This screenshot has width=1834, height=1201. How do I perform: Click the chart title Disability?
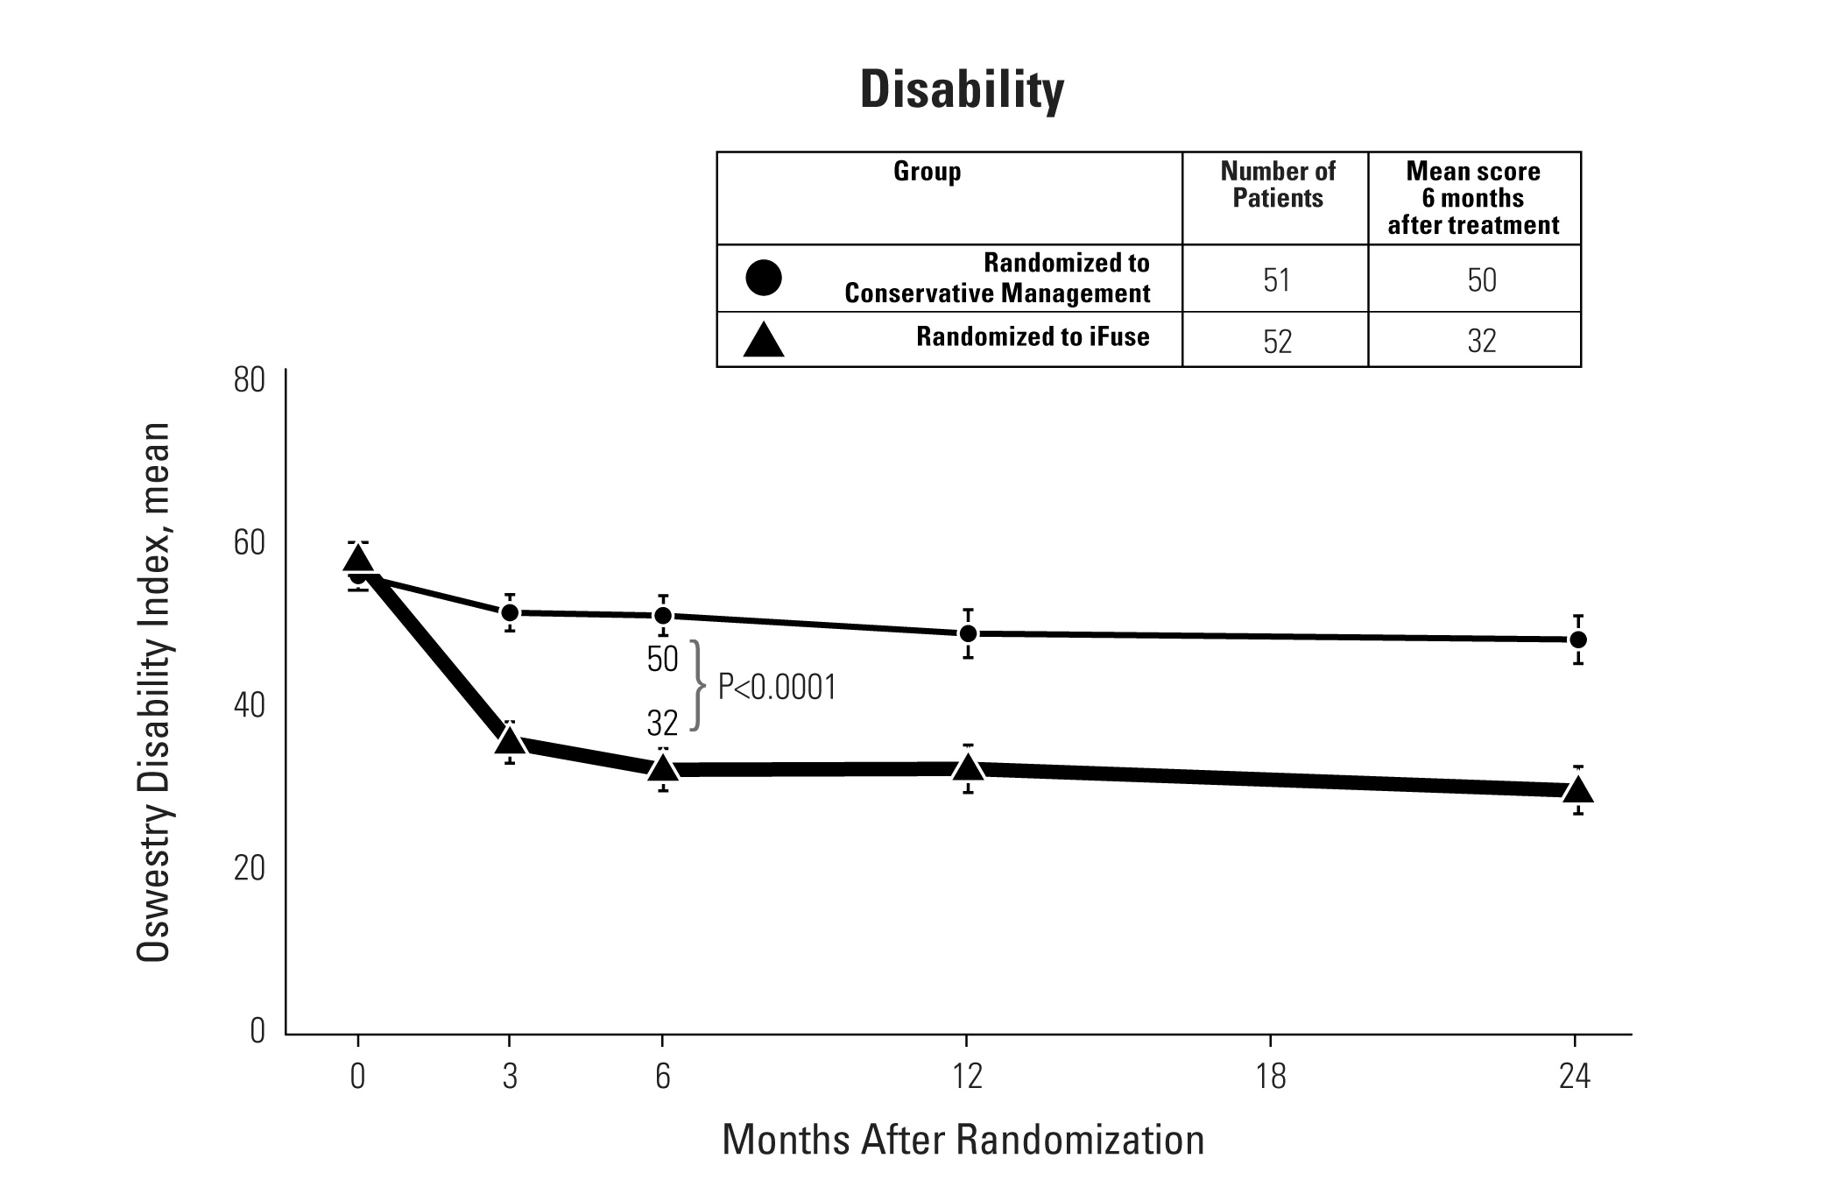[962, 89]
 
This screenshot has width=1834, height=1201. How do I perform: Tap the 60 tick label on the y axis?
[249, 543]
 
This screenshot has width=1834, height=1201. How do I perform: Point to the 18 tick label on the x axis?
[1270, 1077]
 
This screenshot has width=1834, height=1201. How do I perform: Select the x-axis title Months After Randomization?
[963, 1140]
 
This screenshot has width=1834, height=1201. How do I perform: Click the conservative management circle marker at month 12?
[968, 633]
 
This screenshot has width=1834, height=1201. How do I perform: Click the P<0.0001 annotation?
[777, 688]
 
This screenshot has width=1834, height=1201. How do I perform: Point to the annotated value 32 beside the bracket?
[662, 724]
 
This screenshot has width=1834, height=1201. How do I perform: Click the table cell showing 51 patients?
[1276, 280]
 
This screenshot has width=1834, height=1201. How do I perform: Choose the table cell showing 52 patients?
[1277, 341]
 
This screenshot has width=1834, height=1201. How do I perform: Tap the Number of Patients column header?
[1277, 185]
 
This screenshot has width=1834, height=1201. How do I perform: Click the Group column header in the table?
[927, 171]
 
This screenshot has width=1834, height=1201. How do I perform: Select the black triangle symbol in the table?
[763, 341]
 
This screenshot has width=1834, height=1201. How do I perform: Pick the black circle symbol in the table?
[763, 278]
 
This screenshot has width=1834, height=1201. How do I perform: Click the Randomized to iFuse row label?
[1033, 337]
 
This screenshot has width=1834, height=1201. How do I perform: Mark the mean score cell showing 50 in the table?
[1481, 280]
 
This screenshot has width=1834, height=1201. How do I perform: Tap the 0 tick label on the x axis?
[357, 1077]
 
